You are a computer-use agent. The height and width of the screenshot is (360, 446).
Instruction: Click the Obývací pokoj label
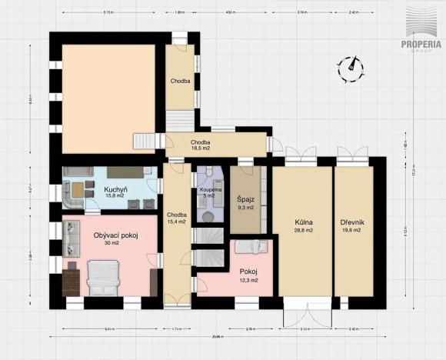click(x=115, y=235)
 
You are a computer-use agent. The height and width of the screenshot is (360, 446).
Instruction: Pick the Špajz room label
click(x=246, y=199)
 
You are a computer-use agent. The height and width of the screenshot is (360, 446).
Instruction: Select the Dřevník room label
click(x=352, y=223)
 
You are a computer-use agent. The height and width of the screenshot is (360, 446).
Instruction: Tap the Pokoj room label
click(x=248, y=272)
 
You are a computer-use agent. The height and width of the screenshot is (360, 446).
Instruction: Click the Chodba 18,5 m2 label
click(x=201, y=143)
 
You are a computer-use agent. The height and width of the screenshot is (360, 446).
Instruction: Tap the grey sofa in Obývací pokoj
click(x=71, y=238)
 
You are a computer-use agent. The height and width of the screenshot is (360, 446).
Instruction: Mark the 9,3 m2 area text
click(x=246, y=207)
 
